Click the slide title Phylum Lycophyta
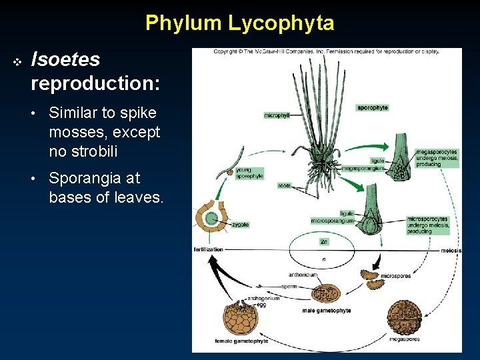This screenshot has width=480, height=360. click(x=239, y=23)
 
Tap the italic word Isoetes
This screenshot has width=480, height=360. click(x=65, y=60)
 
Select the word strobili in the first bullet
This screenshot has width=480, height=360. click(x=83, y=151)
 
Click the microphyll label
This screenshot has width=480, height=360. click(x=277, y=115)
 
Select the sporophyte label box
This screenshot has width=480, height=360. click(x=373, y=107)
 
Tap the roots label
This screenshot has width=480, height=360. click(x=285, y=186)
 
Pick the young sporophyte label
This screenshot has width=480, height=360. click(x=249, y=173)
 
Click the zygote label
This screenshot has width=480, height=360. click(x=240, y=225)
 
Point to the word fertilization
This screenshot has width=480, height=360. click(x=208, y=249)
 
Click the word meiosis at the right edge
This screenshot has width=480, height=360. click(x=451, y=251)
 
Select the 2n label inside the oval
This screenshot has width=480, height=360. click(x=323, y=241)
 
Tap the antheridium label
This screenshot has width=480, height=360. click(x=303, y=274)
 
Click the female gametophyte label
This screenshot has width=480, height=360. click(x=241, y=341)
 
